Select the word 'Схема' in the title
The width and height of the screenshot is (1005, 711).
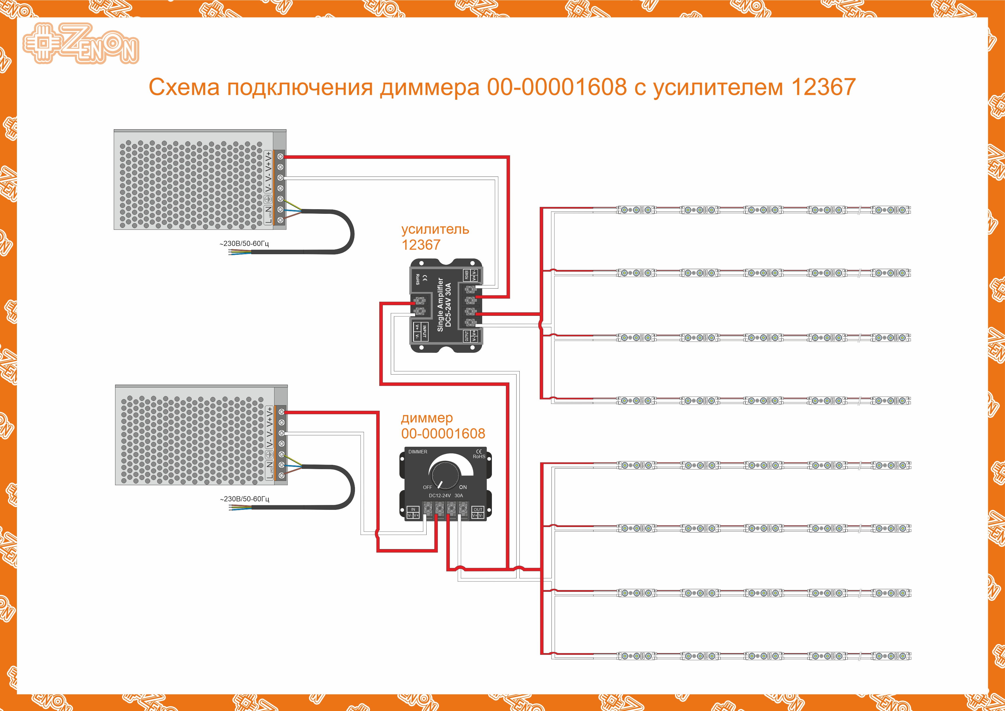coord(184,87)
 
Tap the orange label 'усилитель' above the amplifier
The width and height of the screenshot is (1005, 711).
coord(435,230)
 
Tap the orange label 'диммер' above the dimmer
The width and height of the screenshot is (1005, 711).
coord(427,418)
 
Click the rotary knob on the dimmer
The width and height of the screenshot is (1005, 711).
coord(445,473)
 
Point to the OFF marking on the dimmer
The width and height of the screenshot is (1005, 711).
coord(427,487)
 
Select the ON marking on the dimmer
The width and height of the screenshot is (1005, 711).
coord(463,487)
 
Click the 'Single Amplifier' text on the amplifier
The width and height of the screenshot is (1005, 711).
coord(440,305)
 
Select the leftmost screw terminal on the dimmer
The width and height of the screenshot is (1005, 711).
coord(428,508)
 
